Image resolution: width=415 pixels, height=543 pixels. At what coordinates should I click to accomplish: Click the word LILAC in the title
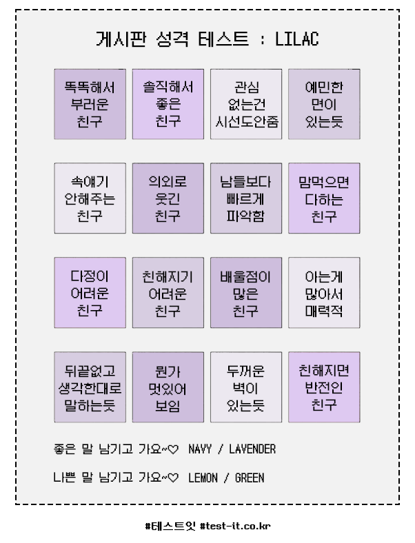click(297, 39)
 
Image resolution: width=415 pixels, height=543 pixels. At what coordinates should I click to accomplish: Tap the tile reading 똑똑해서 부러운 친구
click(90, 104)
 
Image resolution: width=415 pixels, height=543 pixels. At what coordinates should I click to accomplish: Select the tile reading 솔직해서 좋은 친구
click(168, 104)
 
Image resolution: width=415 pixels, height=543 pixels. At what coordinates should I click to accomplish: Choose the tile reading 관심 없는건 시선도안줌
click(246, 104)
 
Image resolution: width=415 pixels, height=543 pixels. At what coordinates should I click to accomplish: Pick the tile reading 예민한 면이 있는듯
click(324, 104)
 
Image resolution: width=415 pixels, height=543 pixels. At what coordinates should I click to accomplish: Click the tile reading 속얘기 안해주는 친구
click(90, 198)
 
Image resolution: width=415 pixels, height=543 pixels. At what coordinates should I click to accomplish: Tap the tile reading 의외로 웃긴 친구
click(168, 198)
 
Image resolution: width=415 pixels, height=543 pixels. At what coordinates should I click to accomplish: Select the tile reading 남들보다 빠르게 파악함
click(246, 198)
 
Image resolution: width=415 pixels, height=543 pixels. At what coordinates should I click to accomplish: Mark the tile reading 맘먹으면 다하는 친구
click(324, 198)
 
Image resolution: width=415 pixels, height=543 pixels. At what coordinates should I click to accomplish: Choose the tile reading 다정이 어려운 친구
click(90, 293)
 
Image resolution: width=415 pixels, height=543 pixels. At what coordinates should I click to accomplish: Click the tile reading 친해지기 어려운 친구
click(168, 293)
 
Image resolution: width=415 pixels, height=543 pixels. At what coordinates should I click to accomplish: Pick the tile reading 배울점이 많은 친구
click(246, 293)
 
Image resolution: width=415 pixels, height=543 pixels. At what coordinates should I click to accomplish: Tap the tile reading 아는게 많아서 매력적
click(324, 293)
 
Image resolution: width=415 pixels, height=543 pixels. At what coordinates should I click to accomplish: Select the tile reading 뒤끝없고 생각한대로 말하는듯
click(90, 387)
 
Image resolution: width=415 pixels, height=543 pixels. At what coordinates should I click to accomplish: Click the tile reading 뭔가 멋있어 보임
click(168, 387)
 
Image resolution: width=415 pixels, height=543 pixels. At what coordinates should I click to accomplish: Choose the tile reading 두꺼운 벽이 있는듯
click(246, 387)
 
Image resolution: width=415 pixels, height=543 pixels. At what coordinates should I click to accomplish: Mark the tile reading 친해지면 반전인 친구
click(324, 387)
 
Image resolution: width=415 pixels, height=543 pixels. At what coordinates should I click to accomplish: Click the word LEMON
click(203, 478)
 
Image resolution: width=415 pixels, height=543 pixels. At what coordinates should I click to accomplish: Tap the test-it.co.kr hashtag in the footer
click(235, 526)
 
